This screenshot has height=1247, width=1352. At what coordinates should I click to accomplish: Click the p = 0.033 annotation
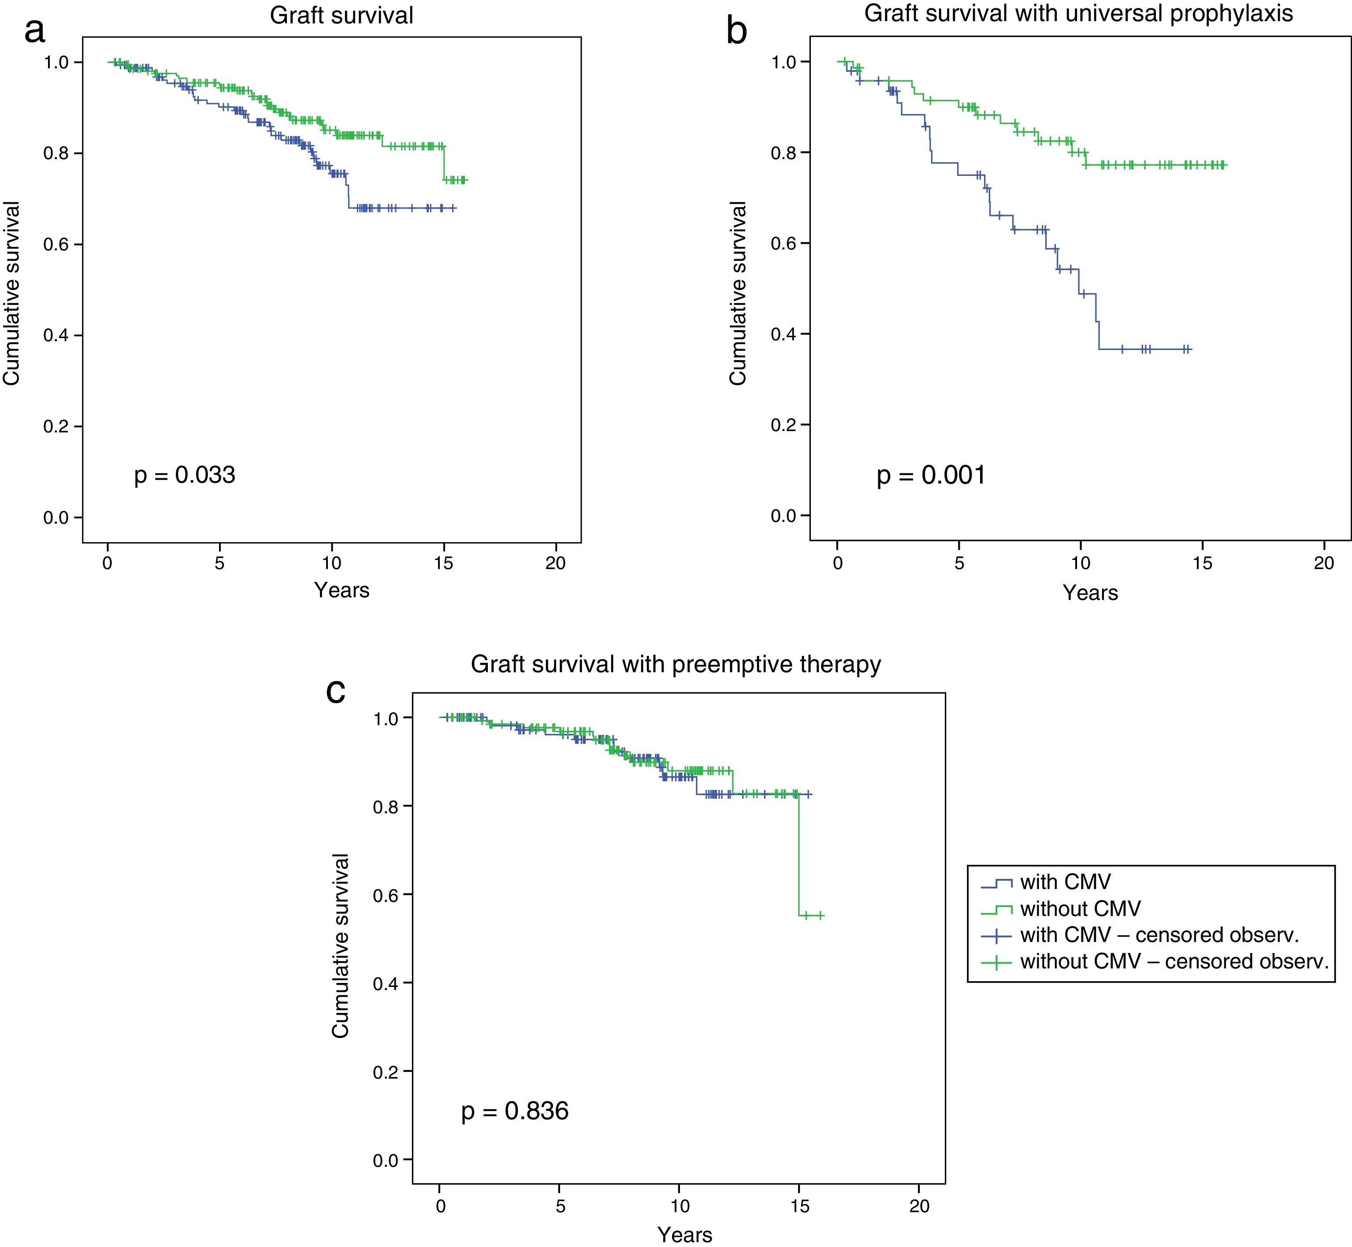click(185, 476)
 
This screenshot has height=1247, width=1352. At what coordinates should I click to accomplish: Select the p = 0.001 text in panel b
click(931, 476)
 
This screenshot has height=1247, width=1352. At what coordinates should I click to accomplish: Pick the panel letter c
click(335, 690)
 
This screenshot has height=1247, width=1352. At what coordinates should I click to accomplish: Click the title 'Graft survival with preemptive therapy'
click(675, 665)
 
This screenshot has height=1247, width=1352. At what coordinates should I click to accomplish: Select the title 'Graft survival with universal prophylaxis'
click(1078, 14)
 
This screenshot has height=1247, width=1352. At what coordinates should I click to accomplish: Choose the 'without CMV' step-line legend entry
click(1080, 909)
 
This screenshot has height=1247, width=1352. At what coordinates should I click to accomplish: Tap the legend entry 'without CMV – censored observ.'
click(1174, 961)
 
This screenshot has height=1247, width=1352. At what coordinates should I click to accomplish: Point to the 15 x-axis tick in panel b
click(1202, 563)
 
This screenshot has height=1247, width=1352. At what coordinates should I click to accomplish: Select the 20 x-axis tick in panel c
click(920, 1205)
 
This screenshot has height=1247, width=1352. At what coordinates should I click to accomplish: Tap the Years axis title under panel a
click(342, 590)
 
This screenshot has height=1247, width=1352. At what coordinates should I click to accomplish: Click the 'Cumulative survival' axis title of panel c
click(341, 945)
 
